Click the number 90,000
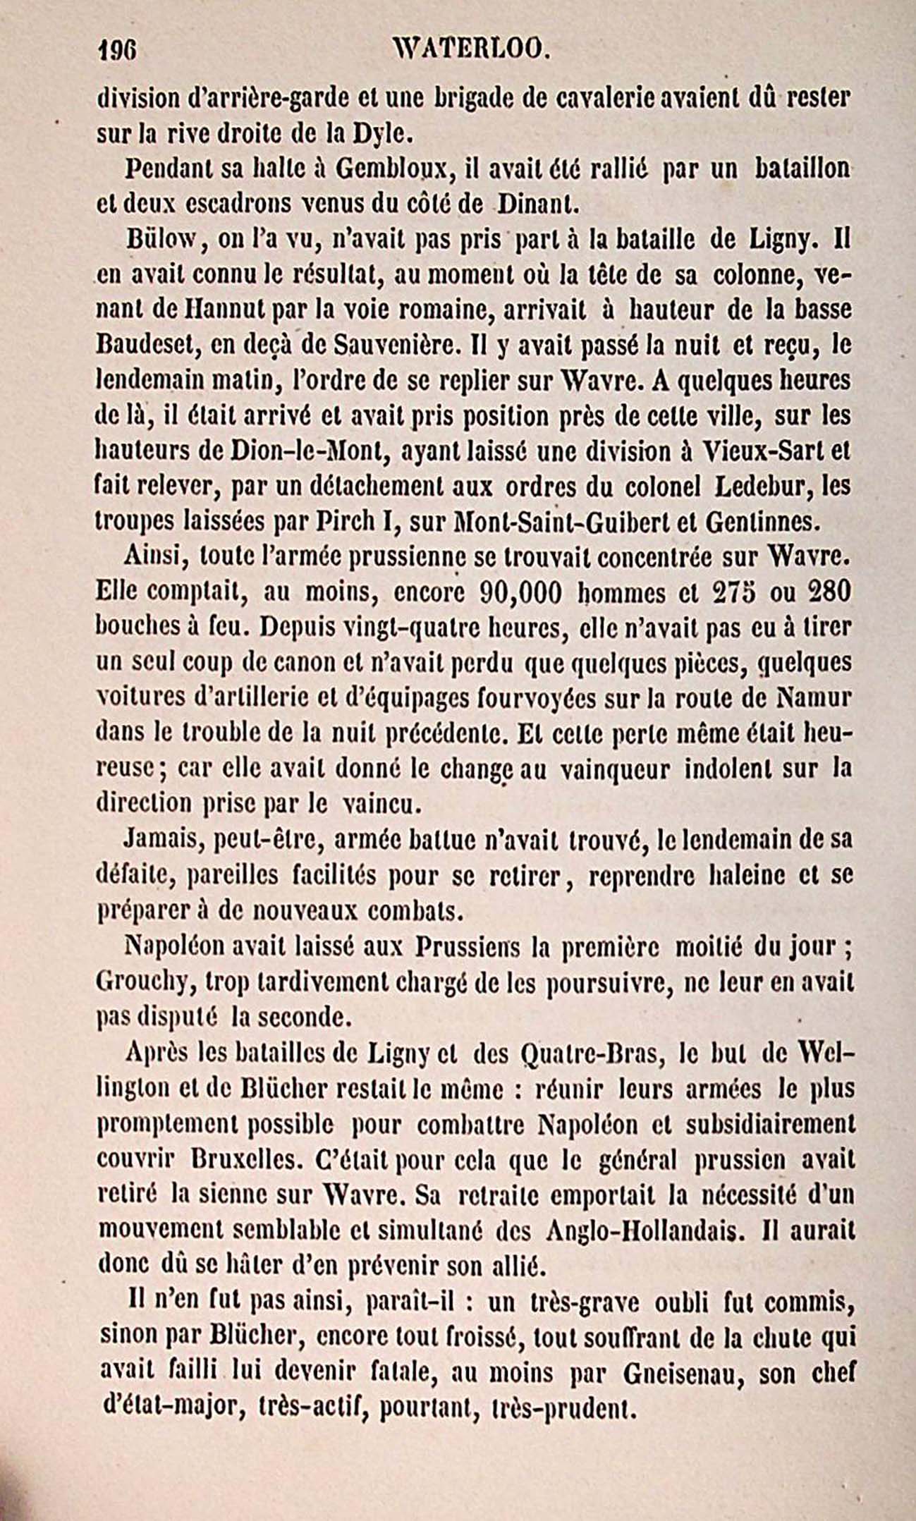click(x=520, y=593)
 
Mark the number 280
click(x=827, y=593)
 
